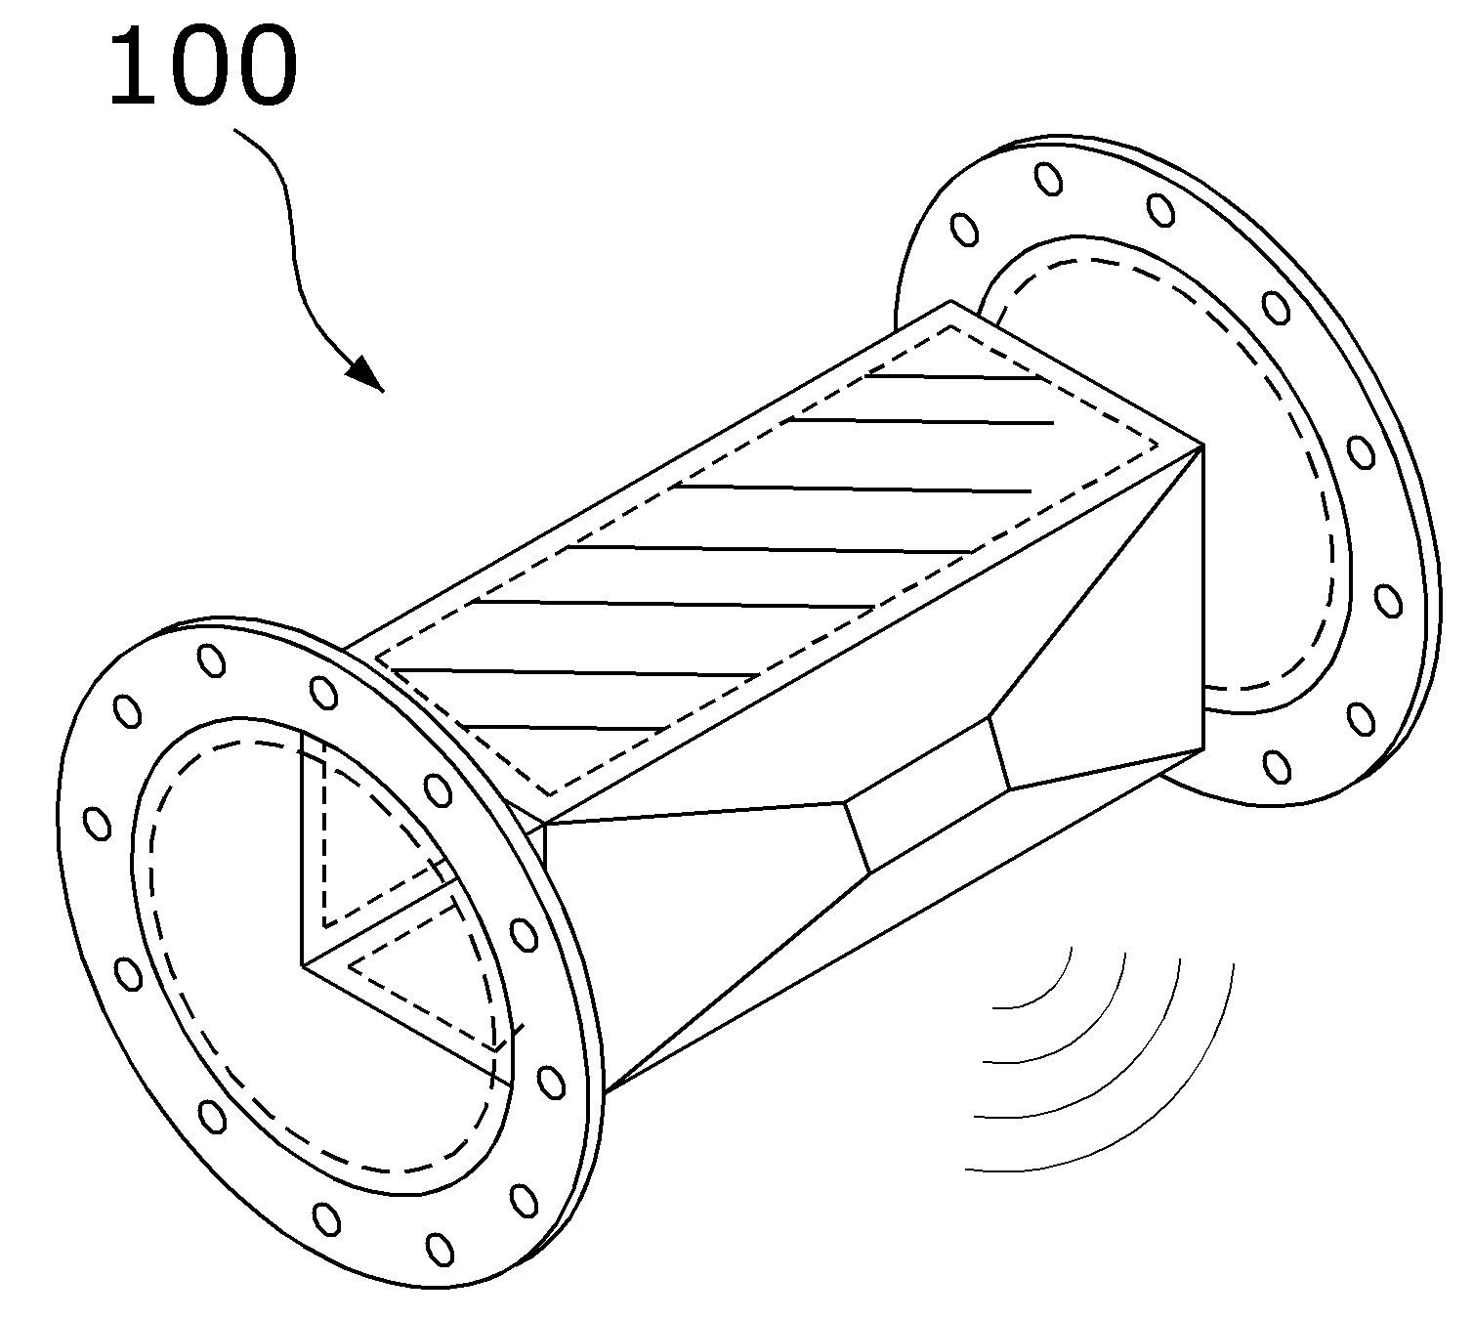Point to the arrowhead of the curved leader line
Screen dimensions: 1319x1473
pyautogui.click(x=367, y=374)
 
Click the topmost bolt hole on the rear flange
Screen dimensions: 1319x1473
pyautogui.click(x=1049, y=179)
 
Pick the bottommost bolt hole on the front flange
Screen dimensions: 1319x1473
pyautogui.click(x=441, y=1248)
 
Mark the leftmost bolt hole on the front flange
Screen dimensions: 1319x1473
pyautogui.click(x=98, y=823)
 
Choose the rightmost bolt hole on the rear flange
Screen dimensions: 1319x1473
pyautogui.click(x=1387, y=599)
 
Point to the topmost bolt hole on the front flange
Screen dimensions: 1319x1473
pyautogui.click(x=210, y=660)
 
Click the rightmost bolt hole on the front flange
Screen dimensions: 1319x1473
pyautogui.click(x=551, y=1082)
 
